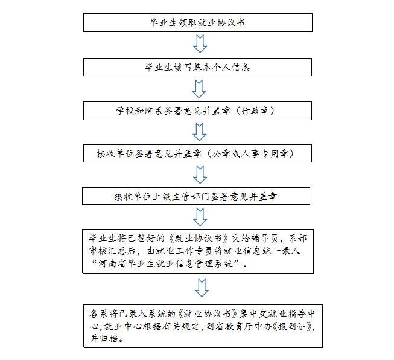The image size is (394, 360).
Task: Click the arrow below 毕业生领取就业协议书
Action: tap(200, 43)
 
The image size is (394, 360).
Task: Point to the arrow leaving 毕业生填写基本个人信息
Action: tap(199, 89)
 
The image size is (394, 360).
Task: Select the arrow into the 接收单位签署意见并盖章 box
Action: tap(200, 132)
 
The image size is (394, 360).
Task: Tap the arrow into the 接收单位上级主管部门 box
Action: tap(200, 175)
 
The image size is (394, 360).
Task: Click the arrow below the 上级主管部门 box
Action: tap(200, 217)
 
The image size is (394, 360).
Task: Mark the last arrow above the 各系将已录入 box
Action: tap(202, 288)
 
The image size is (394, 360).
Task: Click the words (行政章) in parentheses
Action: tap(255, 111)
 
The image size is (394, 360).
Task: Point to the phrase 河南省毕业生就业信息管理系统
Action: tap(165, 263)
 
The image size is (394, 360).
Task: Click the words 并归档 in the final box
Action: tap(104, 339)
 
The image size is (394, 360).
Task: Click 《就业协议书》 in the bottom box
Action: tap(208, 313)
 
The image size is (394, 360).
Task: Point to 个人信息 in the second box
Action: tap(230, 67)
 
